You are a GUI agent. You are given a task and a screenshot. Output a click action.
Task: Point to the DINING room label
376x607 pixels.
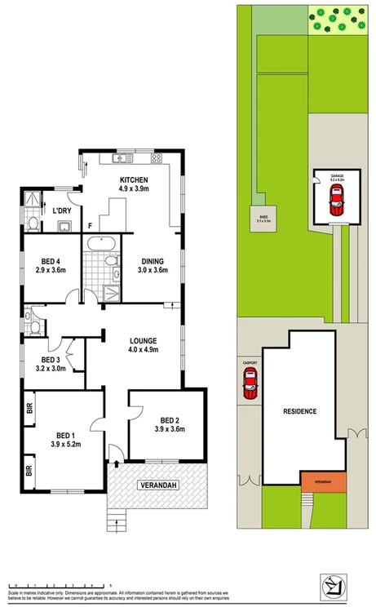pos(153,261)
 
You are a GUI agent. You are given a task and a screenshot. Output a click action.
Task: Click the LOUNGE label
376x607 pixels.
pos(143,340)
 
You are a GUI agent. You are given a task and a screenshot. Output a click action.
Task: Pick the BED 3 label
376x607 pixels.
pos(51,360)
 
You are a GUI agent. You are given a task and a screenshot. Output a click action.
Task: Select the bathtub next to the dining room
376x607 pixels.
pos(101,242)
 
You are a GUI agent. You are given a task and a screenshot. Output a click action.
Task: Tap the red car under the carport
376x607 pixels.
pos(250,383)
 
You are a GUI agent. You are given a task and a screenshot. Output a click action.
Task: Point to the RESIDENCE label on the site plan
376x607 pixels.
pos(299,411)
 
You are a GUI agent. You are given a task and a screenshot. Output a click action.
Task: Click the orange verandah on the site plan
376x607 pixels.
pos(322,482)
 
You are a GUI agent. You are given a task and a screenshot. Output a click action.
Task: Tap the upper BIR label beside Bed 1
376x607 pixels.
pos(29,408)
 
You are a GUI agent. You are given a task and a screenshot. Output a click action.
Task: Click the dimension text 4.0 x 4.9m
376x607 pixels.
pos(143,350)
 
